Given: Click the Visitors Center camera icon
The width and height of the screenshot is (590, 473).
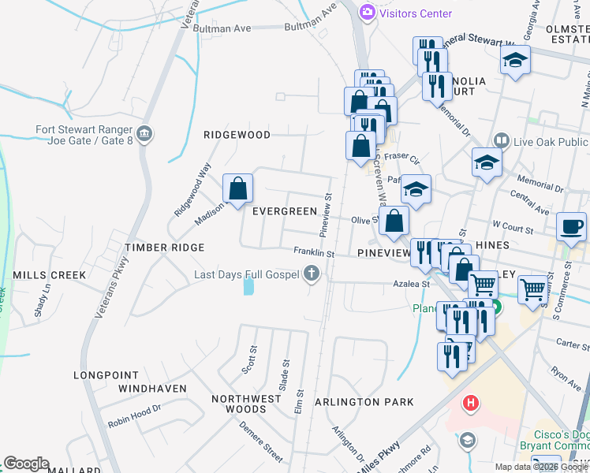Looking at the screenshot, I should [x=367, y=13].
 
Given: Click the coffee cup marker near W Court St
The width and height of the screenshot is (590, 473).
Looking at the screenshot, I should [x=571, y=227].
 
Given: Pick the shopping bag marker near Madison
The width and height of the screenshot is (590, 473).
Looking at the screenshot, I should [x=237, y=188].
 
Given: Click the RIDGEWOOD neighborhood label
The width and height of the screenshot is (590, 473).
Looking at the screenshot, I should [x=237, y=135].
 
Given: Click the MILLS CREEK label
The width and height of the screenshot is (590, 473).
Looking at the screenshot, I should [x=49, y=275].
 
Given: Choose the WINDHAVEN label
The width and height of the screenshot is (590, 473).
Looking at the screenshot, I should [x=152, y=389].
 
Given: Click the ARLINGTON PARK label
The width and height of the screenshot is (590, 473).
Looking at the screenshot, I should [x=364, y=402].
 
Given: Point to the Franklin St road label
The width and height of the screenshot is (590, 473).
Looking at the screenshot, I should [x=314, y=254].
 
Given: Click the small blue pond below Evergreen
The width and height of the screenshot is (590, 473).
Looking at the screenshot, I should [x=249, y=286].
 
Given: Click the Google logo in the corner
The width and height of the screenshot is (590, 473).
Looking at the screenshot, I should [x=26, y=464].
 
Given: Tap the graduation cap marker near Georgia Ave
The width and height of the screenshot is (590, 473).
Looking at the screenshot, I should [x=515, y=61].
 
